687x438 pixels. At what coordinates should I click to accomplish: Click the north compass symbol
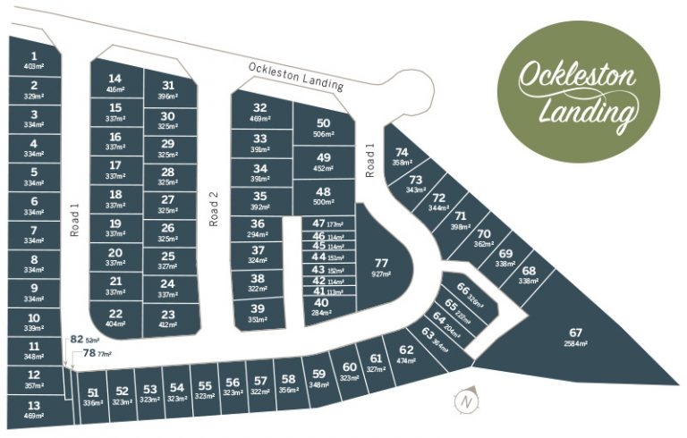click(x=465, y=401)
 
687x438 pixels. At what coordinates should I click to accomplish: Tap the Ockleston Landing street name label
click(x=296, y=76)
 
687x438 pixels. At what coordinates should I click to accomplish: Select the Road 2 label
click(x=214, y=207)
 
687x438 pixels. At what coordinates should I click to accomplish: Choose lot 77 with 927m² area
click(x=382, y=266)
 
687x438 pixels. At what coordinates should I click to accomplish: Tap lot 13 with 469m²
click(x=34, y=408)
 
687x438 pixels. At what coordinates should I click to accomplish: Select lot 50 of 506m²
click(x=324, y=128)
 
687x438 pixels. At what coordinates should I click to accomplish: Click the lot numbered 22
click(x=115, y=317)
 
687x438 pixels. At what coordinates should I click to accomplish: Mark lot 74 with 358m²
click(x=402, y=156)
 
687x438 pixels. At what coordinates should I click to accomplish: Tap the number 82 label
click(x=77, y=340)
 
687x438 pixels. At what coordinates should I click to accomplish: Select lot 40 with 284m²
click(x=322, y=307)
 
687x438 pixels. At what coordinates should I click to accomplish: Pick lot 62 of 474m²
click(x=407, y=353)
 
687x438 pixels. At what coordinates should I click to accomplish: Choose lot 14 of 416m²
click(x=115, y=82)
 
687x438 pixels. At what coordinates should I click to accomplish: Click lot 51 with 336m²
click(x=93, y=395)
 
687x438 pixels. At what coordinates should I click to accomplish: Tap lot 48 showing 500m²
click(x=324, y=197)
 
